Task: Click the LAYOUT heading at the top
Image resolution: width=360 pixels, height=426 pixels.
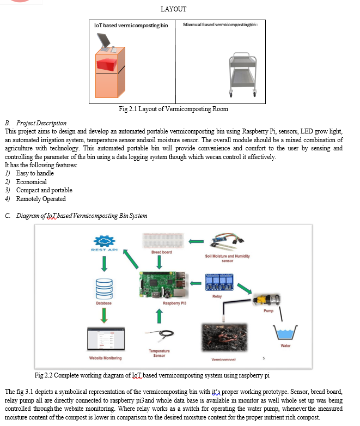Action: click(173, 9)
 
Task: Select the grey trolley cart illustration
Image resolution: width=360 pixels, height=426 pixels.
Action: click(242, 75)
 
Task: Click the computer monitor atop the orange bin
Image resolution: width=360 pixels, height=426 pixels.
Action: click(104, 41)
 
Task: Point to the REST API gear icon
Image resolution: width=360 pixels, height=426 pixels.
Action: click(105, 241)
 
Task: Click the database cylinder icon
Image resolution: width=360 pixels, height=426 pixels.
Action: click(104, 289)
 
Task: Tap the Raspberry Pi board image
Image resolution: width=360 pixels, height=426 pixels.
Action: click(163, 285)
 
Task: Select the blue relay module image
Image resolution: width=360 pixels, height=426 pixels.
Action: click(219, 282)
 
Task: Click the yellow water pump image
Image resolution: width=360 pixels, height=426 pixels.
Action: click(266, 300)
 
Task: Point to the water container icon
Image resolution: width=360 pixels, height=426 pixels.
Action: click(285, 332)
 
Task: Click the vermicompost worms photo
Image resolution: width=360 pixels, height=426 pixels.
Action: click(224, 337)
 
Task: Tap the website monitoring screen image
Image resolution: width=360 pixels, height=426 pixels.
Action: click(106, 339)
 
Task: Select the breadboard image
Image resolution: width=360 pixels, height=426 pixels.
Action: click(163, 240)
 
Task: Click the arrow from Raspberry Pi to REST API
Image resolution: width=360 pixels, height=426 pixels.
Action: click(131, 259)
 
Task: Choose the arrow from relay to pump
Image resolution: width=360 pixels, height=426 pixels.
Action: click(245, 289)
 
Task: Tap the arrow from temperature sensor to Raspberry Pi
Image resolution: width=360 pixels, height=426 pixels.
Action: click(160, 317)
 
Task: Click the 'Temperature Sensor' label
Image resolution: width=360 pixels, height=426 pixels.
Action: click(159, 353)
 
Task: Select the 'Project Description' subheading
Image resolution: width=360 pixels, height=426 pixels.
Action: click(41, 123)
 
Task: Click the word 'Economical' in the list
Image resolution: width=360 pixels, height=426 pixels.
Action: click(32, 182)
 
